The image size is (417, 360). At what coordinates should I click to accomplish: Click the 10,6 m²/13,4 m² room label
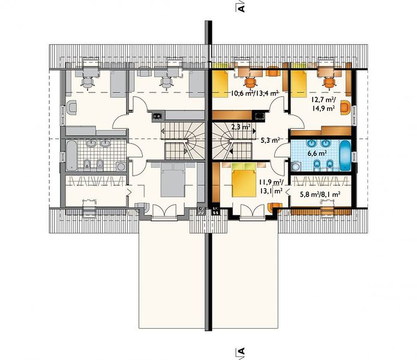pos(254,93)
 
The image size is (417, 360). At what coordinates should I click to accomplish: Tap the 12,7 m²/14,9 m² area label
pos(323,104)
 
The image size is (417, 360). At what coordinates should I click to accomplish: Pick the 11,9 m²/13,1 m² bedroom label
pos(272,187)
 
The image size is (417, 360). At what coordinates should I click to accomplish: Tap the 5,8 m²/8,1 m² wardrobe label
pos(320,194)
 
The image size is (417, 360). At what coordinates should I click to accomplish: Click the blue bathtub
pos(346,156)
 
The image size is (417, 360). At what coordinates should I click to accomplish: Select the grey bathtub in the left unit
pos(71,156)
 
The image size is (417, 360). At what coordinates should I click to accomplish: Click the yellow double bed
pos(244,180)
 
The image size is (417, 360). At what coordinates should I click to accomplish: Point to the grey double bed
pos(173,180)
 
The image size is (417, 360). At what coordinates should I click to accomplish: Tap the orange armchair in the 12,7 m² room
pos(345,107)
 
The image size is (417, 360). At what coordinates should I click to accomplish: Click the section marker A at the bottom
pos(241,351)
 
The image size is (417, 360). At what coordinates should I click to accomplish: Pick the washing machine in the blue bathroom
pos(295,167)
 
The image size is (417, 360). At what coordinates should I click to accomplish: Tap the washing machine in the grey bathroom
pos(121,167)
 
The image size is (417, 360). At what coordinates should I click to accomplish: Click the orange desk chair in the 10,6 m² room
pos(250,82)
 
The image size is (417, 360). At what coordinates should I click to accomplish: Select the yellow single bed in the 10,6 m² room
pos(220,84)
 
